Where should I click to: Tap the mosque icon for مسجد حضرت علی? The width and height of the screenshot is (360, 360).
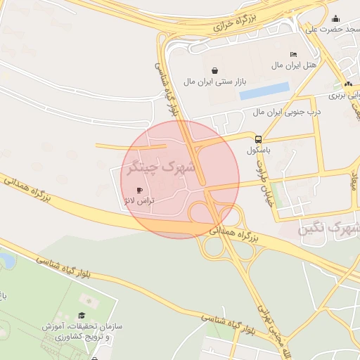[x=336, y=19]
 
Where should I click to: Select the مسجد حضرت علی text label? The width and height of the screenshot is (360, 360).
[x=331, y=30]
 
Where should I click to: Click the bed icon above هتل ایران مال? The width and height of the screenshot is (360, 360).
[x=293, y=55]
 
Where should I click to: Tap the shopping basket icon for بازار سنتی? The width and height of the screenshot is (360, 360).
[x=214, y=70]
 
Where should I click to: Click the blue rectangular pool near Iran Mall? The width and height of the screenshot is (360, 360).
[x=264, y=91]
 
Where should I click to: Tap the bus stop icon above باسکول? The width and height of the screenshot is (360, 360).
[x=259, y=139]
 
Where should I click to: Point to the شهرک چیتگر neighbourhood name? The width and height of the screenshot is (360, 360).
[x=160, y=167]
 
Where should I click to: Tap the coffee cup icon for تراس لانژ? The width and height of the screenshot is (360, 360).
[x=139, y=191]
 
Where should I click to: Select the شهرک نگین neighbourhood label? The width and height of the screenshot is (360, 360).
[x=329, y=228]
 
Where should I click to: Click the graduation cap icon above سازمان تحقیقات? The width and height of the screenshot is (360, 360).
[x=81, y=316]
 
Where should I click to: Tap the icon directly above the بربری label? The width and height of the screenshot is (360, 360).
[x=349, y=84]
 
